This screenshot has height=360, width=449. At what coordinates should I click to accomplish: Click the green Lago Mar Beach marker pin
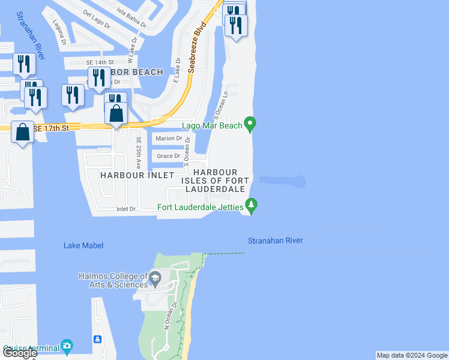tap(251, 124)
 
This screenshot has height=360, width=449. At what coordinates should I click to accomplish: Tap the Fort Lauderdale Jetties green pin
tap(252, 206)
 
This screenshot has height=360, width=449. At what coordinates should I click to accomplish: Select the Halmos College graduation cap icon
tap(155, 277)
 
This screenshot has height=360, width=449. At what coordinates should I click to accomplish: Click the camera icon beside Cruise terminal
tap(67, 346)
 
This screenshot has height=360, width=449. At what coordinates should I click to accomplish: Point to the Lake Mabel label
tap(83, 245)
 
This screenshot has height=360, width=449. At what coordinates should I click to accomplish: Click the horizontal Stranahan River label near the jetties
tap(276, 241)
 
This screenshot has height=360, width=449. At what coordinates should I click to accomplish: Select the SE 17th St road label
tap(52, 128)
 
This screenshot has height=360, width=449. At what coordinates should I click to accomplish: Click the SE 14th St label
tap(100, 62)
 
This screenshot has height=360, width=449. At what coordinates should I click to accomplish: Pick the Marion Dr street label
tap(169, 139)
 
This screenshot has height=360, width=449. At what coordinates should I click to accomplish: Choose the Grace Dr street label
tap(168, 156)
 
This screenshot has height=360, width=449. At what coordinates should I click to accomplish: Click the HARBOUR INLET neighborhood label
tap(137, 175)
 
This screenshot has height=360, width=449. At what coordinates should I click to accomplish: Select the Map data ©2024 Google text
tap(412, 355)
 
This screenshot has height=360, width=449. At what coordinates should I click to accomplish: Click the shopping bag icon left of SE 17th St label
tap(22, 132)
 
